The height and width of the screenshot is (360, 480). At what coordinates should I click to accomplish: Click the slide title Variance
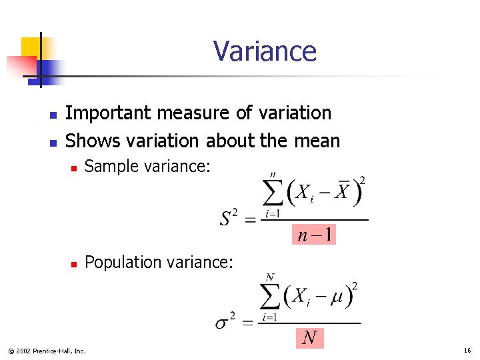265,51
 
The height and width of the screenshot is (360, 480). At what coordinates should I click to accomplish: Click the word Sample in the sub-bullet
109,167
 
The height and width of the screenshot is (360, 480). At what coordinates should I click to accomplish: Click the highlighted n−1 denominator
313,235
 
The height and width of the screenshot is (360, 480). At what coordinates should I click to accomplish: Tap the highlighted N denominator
309,338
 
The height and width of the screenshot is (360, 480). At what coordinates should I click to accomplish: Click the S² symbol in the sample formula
228,218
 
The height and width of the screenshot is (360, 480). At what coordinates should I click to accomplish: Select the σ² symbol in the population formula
225,323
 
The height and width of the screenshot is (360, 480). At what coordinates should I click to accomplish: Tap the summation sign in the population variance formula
270,297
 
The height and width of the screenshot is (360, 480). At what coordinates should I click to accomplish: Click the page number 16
467,350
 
